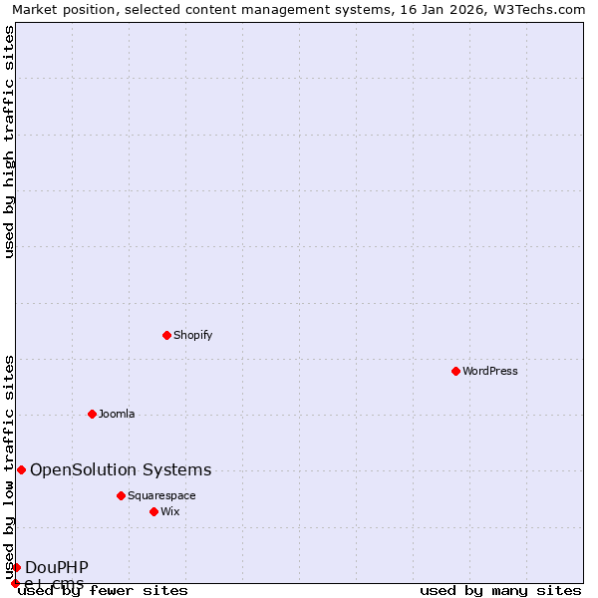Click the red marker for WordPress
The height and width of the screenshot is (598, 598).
pyautogui.click(x=455, y=371)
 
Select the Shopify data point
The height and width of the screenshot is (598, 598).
pyautogui.click(x=166, y=335)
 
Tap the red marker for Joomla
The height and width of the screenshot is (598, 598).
pyautogui.click(x=92, y=414)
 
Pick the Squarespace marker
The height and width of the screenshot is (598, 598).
pyautogui.click(x=121, y=495)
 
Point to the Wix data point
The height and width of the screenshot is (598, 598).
pyautogui.click(x=153, y=511)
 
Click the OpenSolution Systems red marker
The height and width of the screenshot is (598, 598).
pyautogui.click(x=21, y=469)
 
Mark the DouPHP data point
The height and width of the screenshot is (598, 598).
pyautogui.click(x=16, y=567)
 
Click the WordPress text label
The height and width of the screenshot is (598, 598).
pyautogui.click(x=490, y=371)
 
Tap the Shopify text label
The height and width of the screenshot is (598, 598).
pyautogui.click(x=193, y=335)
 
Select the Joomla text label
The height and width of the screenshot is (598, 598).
pyautogui.click(x=117, y=414)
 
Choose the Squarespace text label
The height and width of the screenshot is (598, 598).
pyautogui.click(x=162, y=495)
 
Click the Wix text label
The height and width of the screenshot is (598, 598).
pyautogui.click(x=170, y=511)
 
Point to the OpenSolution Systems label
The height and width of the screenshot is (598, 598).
pyautogui.click(x=121, y=469)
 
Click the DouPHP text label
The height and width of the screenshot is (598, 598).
pyautogui.click(x=57, y=567)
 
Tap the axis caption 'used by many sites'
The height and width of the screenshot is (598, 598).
pyautogui.click(x=500, y=590)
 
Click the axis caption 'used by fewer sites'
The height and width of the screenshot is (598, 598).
pyautogui.click(x=104, y=590)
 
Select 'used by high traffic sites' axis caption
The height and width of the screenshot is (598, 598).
pyautogui.click(x=9, y=142)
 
